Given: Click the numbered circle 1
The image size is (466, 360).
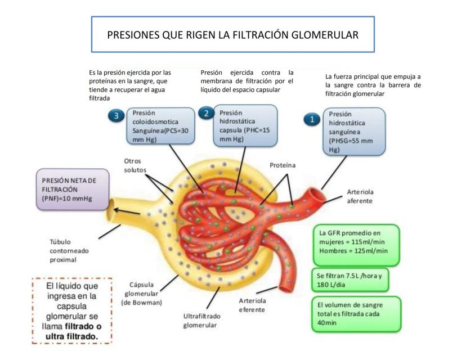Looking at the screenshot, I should pos(311,119).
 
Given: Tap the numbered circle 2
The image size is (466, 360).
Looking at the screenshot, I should pos(206,114).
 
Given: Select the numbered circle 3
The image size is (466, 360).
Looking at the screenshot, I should pos(116,116).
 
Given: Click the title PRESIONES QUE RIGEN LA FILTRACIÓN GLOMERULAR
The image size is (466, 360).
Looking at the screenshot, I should pos(232,35).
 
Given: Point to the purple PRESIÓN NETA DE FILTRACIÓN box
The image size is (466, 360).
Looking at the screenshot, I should pos(72,190).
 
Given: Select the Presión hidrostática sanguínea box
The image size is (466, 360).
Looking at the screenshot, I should pos(354,131).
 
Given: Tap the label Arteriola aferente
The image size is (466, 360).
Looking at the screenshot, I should pos(359,196).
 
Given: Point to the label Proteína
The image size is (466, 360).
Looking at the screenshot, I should pos(283,165).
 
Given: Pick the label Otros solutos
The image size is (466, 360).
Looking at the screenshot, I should pos(135,165).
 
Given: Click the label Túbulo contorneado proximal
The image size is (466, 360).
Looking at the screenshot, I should pos(69,250).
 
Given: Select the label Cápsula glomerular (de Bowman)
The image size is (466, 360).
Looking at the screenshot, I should pos(141,293).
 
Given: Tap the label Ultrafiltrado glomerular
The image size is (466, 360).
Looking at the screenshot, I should pos(201,320).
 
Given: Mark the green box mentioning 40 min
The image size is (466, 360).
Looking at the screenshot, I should pos(356,314).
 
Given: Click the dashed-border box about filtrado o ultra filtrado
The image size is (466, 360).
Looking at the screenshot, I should pos(71,310).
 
